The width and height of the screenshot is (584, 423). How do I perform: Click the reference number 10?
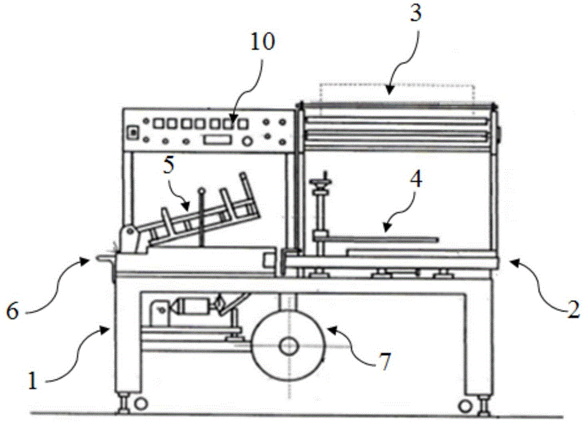(x=262, y=41)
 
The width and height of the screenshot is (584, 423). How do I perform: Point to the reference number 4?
(x=416, y=179)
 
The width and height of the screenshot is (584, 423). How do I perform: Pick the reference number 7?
(x=385, y=362)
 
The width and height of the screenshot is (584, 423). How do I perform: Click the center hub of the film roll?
(x=288, y=347)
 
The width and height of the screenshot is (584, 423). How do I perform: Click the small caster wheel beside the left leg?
(x=140, y=403)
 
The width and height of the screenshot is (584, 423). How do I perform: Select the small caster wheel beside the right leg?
(x=465, y=405)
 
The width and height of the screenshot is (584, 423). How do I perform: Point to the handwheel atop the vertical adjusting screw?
(x=321, y=183)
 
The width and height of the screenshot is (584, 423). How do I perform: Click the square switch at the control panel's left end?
(x=132, y=132)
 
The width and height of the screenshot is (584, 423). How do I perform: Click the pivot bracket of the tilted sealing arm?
(x=131, y=239)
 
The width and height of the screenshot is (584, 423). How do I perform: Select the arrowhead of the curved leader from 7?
(x=331, y=330)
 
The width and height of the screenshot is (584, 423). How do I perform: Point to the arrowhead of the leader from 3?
(x=388, y=90)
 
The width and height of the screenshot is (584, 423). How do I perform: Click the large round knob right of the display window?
(x=246, y=141)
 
